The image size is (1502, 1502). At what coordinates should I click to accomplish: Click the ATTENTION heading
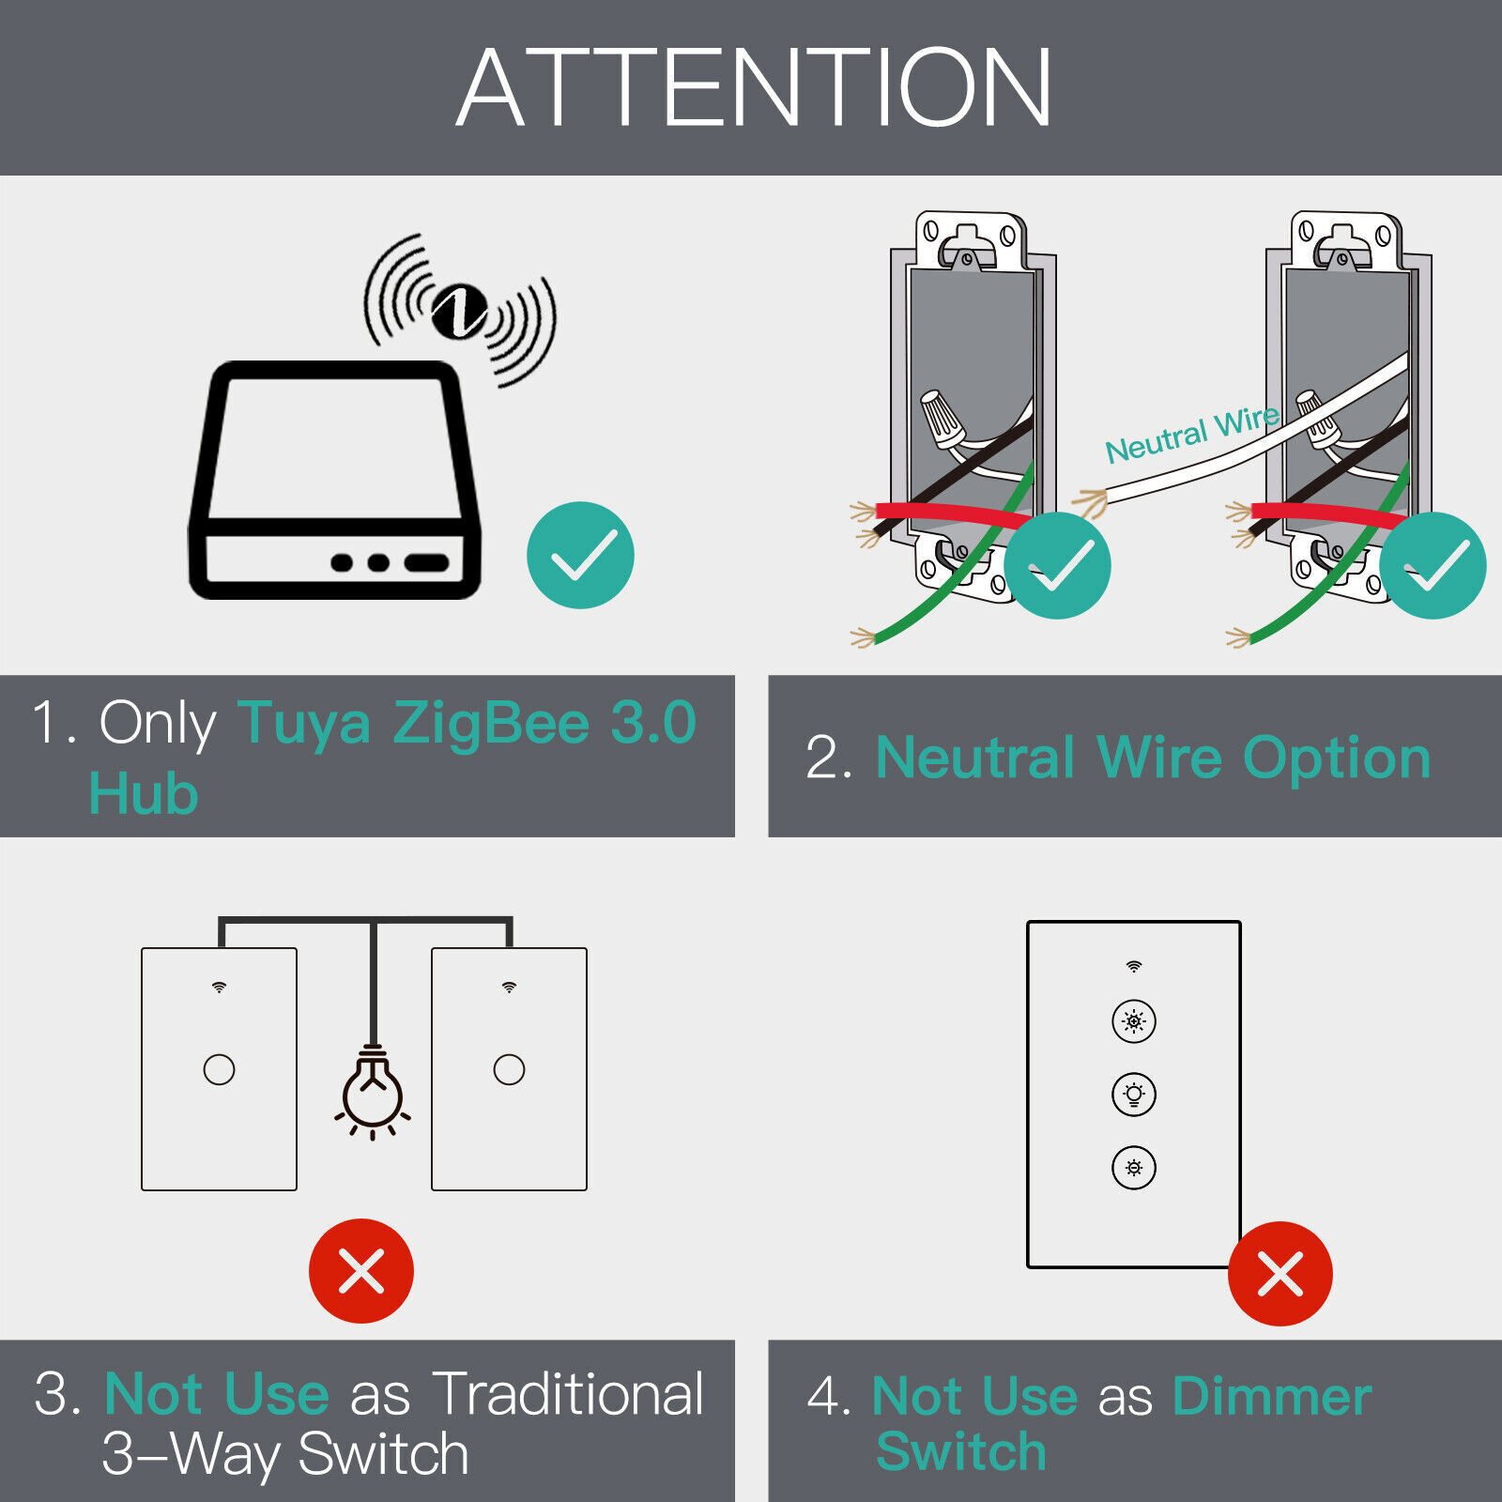[754, 87]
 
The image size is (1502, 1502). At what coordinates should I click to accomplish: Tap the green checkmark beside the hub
[580, 555]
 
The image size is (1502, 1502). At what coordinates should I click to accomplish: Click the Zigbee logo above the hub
[459, 310]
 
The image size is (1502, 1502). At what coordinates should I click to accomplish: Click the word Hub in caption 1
[144, 794]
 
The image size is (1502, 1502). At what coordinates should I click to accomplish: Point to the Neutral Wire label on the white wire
[1192, 435]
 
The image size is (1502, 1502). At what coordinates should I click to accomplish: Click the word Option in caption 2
[1337, 758]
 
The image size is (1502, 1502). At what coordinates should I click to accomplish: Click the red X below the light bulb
[361, 1271]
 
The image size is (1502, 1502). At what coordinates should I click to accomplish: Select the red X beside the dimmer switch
[1280, 1274]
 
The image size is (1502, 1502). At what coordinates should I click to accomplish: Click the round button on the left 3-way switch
[219, 1069]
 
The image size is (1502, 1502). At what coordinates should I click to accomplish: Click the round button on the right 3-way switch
[509, 1069]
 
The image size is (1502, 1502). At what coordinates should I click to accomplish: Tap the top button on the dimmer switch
[1134, 1021]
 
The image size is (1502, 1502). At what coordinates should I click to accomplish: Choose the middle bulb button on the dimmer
[1134, 1095]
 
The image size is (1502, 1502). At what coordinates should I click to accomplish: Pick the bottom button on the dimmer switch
[1134, 1168]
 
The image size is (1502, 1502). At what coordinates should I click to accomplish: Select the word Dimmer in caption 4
[1272, 1396]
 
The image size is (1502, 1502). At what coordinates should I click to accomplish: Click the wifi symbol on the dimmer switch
[1134, 966]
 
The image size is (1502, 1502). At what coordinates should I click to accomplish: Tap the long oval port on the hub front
[426, 562]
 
